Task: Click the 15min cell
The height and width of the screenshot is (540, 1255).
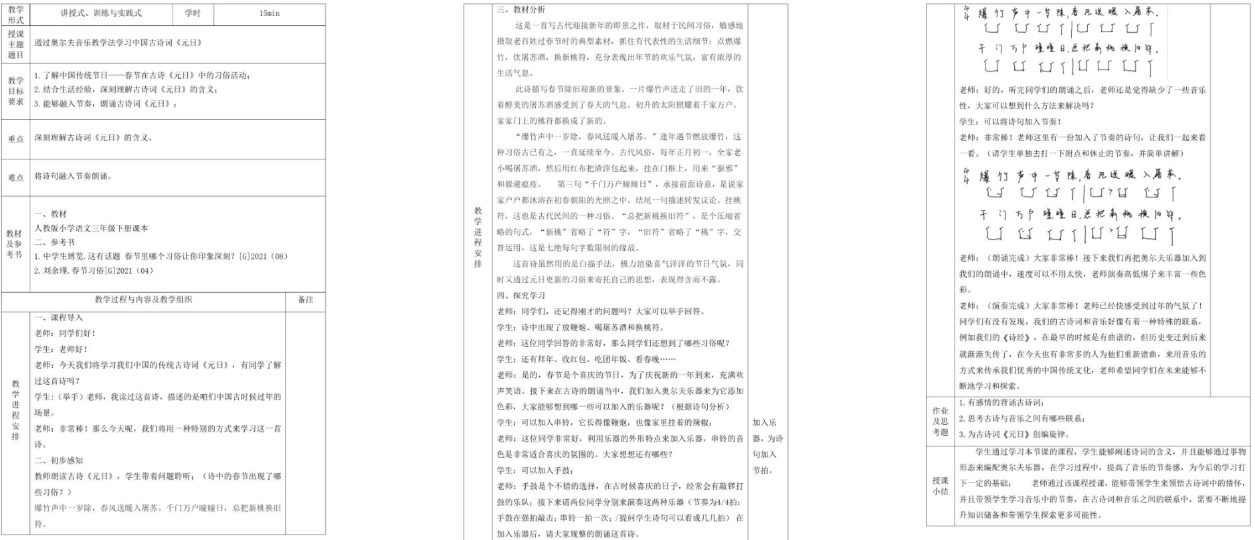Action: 269,13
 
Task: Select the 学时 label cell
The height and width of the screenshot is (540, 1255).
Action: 193,13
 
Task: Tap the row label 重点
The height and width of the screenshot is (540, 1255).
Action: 16,139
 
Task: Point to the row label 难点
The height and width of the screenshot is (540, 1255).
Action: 16,177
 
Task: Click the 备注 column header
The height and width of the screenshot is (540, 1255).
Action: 306,300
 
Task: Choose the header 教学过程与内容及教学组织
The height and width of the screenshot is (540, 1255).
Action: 143,300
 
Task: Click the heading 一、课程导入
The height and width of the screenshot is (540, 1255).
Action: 59,318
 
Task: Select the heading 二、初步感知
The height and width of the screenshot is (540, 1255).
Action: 59,460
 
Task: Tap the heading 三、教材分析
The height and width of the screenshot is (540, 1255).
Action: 521,9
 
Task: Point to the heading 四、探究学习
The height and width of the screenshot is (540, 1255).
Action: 521,295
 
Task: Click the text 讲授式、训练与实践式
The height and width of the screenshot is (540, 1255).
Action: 101,13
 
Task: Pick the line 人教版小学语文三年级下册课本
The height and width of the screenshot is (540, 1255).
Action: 92,228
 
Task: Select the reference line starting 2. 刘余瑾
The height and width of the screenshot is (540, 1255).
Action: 94,271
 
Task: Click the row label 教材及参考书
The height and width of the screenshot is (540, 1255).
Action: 15,244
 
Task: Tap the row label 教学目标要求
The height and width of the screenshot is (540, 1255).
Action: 16,91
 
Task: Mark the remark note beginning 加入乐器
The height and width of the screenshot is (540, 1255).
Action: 767,446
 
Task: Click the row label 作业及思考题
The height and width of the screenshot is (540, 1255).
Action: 941,422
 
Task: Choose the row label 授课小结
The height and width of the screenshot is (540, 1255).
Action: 941,486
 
